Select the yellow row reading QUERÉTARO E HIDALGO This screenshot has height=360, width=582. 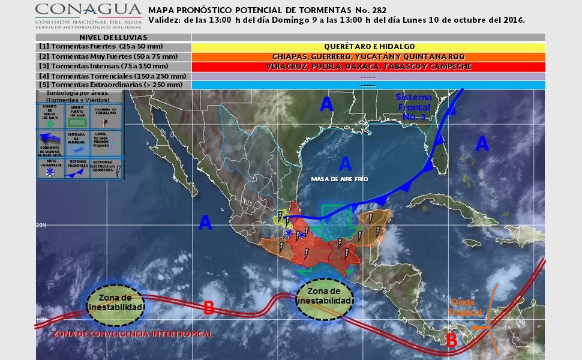[x=368, y=47]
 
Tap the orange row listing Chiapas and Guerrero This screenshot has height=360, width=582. [x=368, y=56]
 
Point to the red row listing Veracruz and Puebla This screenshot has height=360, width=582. [x=368, y=66]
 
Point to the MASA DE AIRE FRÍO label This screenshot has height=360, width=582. [x=339, y=179]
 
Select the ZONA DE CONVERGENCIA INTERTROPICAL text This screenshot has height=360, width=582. [x=132, y=334]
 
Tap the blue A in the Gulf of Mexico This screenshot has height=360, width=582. [x=345, y=163]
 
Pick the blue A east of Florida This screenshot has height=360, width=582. [x=482, y=144]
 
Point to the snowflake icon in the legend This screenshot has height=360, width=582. [x=49, y=173]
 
